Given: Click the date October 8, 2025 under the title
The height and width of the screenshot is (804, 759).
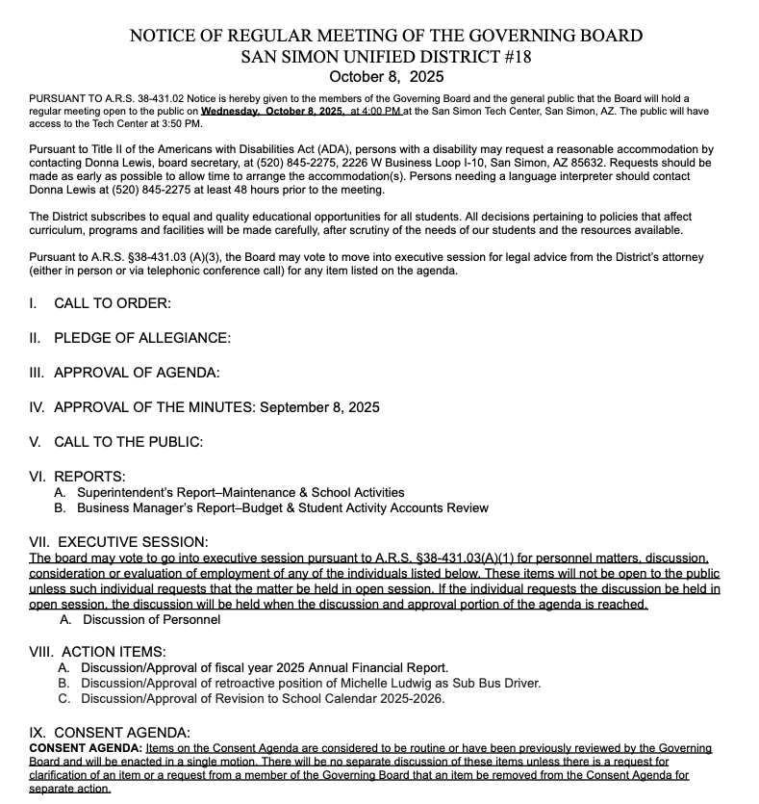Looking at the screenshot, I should click(x=386, y=76).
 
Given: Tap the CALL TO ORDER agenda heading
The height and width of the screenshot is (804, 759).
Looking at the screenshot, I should click(x=112, y=303).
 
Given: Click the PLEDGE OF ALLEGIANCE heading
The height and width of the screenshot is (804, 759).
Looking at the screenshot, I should click(x=142, y=338).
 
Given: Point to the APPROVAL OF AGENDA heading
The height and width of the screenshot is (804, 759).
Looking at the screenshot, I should click(x=137, y=373).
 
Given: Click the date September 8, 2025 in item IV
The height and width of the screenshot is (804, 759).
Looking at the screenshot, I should click(x=318, y=407).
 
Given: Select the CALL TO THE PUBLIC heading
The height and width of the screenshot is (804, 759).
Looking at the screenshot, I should click(x=128, y=442).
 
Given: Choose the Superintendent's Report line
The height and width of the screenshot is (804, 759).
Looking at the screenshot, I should click(x=240, y=492).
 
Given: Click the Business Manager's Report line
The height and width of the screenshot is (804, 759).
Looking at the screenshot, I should click(x=283, y=507).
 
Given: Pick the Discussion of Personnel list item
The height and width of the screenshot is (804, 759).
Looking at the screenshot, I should click(x=151, y=619).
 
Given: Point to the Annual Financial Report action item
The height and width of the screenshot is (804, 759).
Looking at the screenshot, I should click(x=265, y=667).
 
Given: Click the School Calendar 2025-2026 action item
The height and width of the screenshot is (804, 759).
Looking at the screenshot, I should click(x=263, y=698).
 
